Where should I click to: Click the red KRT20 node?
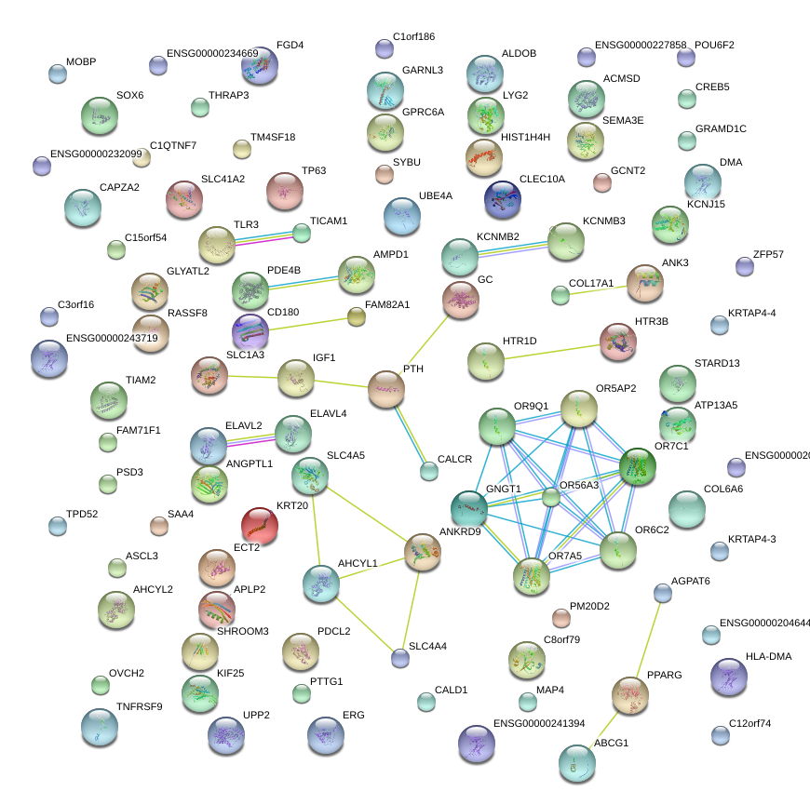pos(260,526)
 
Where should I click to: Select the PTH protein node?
pos(385,389)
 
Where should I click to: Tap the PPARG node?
pos(630,693)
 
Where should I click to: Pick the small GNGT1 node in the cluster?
pos(552,496)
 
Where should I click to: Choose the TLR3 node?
pos(217,246)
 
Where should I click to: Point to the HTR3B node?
pos(618,342)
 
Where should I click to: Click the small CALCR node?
pos(428,471)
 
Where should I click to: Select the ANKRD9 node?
pos(423,551)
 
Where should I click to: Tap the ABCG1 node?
pos(577,762)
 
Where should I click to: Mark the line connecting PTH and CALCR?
pos(408,432)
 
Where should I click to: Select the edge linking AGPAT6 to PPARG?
pos(648,638)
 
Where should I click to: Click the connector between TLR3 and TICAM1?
pos(263,239)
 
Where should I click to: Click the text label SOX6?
pos(129,95)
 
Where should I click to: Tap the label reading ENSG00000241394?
pos(539,723)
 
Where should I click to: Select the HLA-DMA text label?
pos(768,656)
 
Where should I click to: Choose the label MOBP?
pos(81,61)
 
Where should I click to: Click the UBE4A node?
pos(402,217)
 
